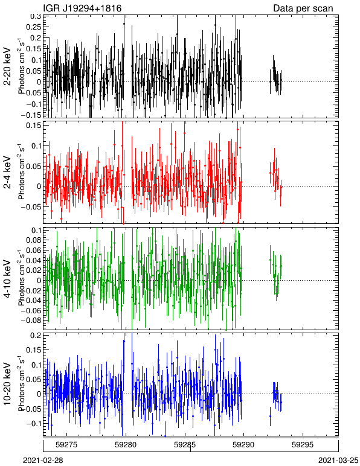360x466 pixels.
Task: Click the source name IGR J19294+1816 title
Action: (x=82, y=8)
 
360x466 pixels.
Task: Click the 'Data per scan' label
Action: (x=303, y=8)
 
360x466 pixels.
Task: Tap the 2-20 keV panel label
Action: (x=7, y=66)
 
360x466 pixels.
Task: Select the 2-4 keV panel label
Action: (x=7, y=173)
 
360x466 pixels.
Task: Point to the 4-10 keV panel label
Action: (x=7, y=279)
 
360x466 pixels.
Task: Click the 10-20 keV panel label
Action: (x=7, y=384)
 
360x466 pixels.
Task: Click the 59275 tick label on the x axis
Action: (x=67, y=445)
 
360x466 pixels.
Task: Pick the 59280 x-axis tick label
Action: (x=126, y=445)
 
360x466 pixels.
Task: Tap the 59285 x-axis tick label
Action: (x=185, y=445)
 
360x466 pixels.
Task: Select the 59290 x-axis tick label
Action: (x=244, y=445)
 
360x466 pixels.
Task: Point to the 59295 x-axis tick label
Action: (x=303, y=445)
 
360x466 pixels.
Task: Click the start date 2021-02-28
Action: (x=43, y=461)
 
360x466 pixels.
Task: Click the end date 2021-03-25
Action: (x=338, y=461)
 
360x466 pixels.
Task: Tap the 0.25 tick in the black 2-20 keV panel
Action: (x=33, y=27)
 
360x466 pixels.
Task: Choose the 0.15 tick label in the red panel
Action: (x=33, y=126)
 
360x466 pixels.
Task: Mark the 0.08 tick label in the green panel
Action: (x=33, y=240)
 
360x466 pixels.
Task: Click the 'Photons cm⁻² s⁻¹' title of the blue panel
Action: (x=21, y=384)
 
